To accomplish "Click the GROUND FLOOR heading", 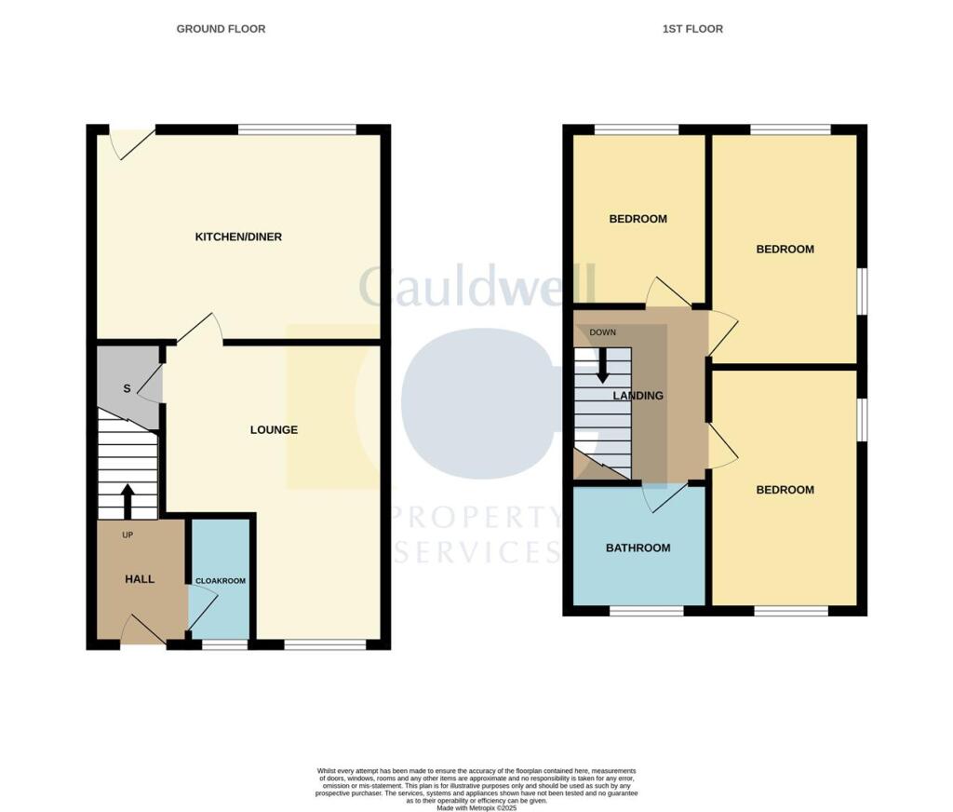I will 221,29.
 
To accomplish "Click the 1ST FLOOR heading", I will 692,29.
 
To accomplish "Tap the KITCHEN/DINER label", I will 238,237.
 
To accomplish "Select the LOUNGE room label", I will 274,430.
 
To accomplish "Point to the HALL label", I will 140,579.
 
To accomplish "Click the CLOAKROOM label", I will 221,581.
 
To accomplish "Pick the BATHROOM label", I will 638,548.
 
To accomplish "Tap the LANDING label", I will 638,396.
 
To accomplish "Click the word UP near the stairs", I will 128,535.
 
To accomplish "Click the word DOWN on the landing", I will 602,332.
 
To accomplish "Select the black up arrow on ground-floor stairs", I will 128,501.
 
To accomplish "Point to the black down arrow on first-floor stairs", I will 602,365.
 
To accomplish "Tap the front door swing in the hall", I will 142,629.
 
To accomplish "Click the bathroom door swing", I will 668,496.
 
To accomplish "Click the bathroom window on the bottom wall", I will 647,611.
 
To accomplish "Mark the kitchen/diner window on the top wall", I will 297,129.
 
